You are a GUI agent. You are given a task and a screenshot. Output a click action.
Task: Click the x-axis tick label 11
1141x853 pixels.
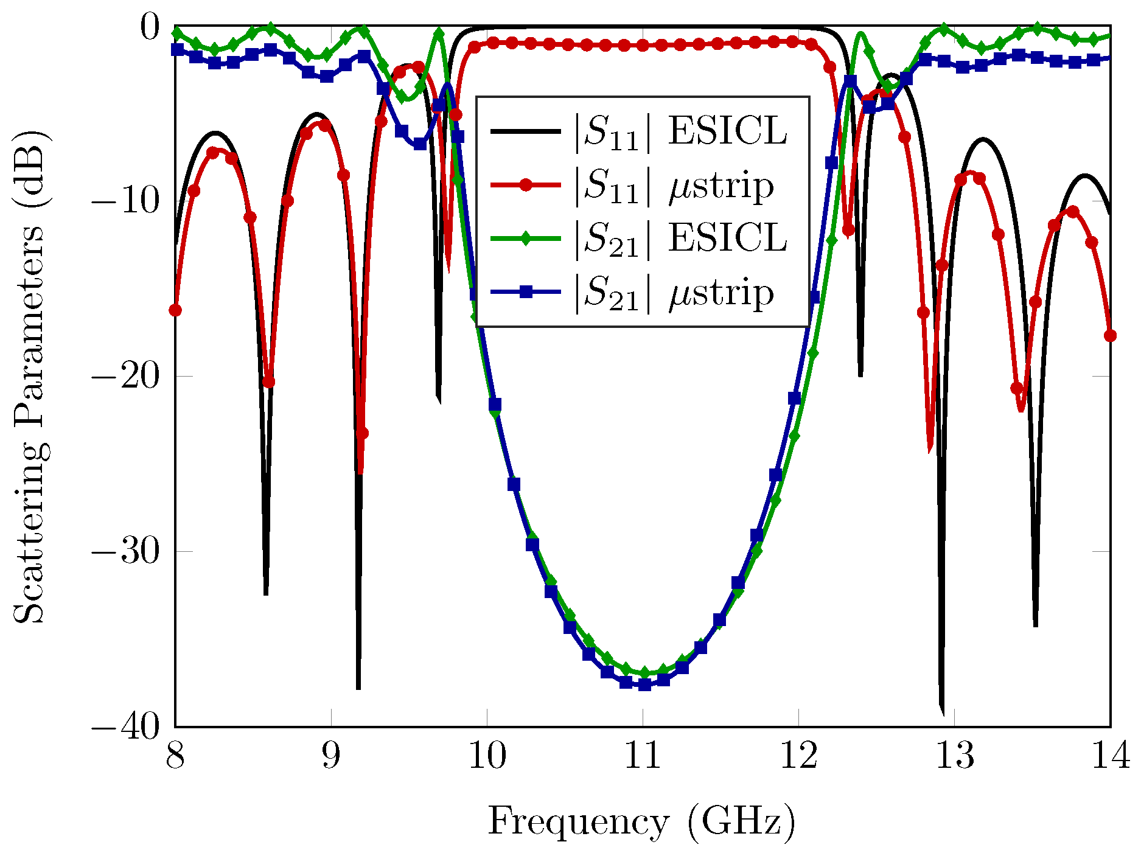point(643,756)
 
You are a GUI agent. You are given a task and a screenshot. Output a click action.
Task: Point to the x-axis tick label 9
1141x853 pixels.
point(331,756)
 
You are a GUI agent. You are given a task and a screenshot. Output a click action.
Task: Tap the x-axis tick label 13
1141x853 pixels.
point(954,756)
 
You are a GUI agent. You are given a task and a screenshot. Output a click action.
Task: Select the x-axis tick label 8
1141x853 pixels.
point(175,756)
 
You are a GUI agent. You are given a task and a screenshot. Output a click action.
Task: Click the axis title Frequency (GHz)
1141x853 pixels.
point(642,823)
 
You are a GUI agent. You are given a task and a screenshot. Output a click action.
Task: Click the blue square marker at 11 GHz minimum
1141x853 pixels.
point(644,684)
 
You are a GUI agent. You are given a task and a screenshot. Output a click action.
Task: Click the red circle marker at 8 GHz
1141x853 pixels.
point(175,310)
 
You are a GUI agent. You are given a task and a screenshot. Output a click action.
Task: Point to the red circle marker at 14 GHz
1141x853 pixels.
point(1110,336)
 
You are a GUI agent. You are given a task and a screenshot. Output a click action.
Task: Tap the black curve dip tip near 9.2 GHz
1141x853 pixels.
point(358,688)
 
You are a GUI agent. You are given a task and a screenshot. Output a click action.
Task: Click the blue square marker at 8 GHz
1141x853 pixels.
point(177,50)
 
